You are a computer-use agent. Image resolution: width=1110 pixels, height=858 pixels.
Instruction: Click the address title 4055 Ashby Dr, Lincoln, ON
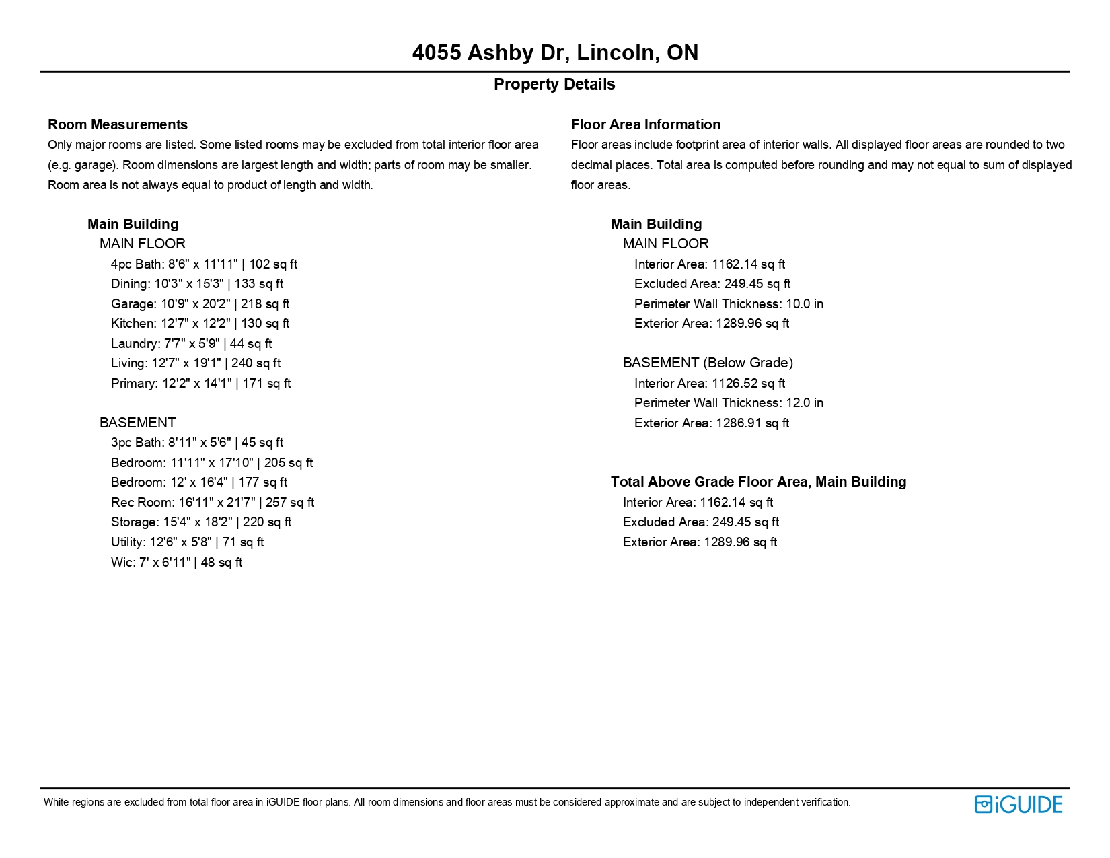tap(555, 52)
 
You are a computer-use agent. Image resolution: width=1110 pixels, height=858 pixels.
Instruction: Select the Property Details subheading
tap(554, 84)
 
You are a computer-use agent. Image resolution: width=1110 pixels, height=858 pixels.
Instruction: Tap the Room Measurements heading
tap(118, 124)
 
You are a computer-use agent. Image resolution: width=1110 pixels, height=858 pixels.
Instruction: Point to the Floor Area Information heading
tap(645, 124)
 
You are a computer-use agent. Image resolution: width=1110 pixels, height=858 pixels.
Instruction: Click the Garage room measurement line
tap(200, 304)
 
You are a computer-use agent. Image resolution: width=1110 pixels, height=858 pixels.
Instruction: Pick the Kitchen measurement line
tap(200, 324)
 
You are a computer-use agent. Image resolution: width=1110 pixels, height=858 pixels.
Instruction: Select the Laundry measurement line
tap(191, 344)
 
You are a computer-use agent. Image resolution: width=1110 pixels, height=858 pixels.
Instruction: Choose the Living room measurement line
tap(195, 363)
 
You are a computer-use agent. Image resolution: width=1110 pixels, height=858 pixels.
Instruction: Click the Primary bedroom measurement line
tap(200, 384)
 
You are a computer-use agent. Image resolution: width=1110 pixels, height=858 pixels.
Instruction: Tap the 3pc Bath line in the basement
tap(196, 443)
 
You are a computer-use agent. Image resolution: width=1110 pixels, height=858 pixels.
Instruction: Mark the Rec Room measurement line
tap(212, 503)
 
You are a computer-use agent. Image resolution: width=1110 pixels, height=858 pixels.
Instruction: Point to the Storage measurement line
tap(200, 522)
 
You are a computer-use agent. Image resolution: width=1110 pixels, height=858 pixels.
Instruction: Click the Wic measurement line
tap(176, 563)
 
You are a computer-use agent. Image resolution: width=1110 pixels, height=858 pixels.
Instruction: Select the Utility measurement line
tap(187, 542)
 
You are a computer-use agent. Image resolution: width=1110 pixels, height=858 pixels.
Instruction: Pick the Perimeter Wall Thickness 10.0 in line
tap(729, 304)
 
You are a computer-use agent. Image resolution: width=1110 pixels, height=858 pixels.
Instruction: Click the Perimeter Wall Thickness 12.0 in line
tap(729, 403)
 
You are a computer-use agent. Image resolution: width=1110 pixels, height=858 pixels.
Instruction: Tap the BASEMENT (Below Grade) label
tap(708, 363)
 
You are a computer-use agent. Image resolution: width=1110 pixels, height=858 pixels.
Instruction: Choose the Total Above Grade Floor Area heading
tap(758, 482)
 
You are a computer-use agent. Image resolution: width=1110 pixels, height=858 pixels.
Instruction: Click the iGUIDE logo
tap(1018, 804)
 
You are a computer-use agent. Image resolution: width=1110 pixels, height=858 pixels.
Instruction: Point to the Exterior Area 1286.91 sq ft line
tap(711, 423)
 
